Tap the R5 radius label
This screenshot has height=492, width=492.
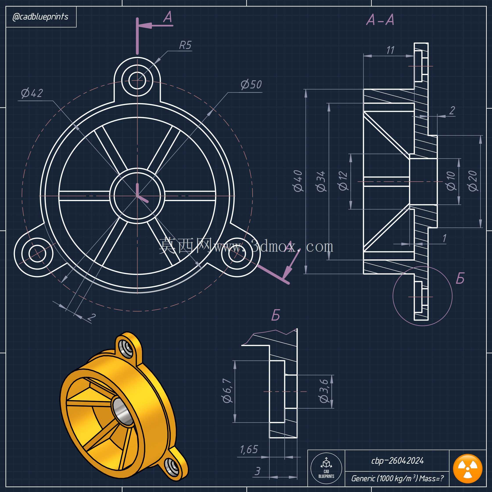tap(185, 45)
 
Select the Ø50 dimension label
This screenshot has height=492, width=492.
tap(251, 84)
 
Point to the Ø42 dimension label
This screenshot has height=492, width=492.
tap(32, 93)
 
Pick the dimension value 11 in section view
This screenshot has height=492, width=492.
tap(390, 50)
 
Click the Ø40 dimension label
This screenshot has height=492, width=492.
tap(298, 181)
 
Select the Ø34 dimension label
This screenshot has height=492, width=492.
tap(321, 181)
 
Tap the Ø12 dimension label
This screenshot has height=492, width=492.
tap(343, 181)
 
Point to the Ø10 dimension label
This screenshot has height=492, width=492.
tap(451, 181)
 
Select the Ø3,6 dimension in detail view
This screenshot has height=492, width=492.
tap(324, 391)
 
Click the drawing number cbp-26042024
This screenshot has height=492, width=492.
tap(397, 460)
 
